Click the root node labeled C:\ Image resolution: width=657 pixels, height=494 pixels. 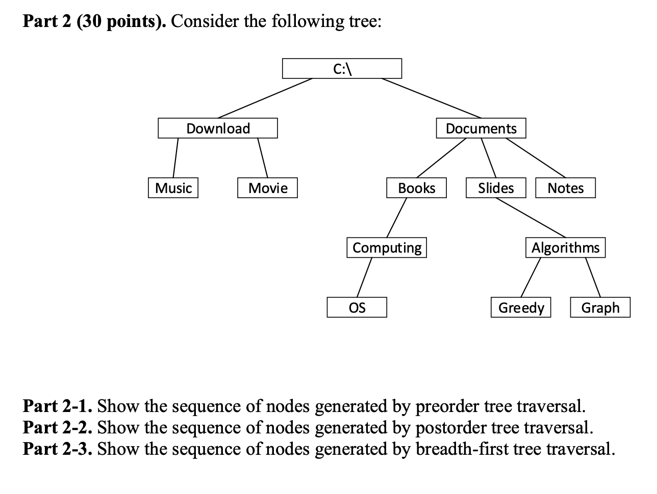tap(342, 69)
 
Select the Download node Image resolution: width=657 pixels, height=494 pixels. tap(218, 128)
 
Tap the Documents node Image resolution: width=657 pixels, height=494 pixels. tap(481, 128)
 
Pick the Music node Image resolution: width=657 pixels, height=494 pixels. tap(173, 188)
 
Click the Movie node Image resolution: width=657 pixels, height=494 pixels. tap(268, 188)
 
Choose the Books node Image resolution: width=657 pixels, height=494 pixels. tap(416, 188)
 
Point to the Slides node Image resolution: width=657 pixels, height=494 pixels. tap(496, 188)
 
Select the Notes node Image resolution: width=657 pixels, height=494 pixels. tap(565, 188)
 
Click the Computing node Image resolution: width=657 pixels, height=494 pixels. tap(387, 248)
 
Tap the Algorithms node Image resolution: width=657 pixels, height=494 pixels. tap(565, 248)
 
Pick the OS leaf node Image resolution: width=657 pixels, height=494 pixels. tap(357, 308)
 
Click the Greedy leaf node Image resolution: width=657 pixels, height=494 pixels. tap(521, 308)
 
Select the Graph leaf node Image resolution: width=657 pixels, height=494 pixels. tap(600, 308)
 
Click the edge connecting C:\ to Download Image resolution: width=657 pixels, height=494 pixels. tap(265, 98)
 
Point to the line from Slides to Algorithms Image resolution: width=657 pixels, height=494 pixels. tap(530, 217)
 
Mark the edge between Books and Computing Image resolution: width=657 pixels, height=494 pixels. tap(397, 217)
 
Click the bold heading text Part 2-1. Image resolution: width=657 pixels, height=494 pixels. tap(58, 406)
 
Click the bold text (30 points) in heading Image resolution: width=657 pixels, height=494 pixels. tap(121, 21)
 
